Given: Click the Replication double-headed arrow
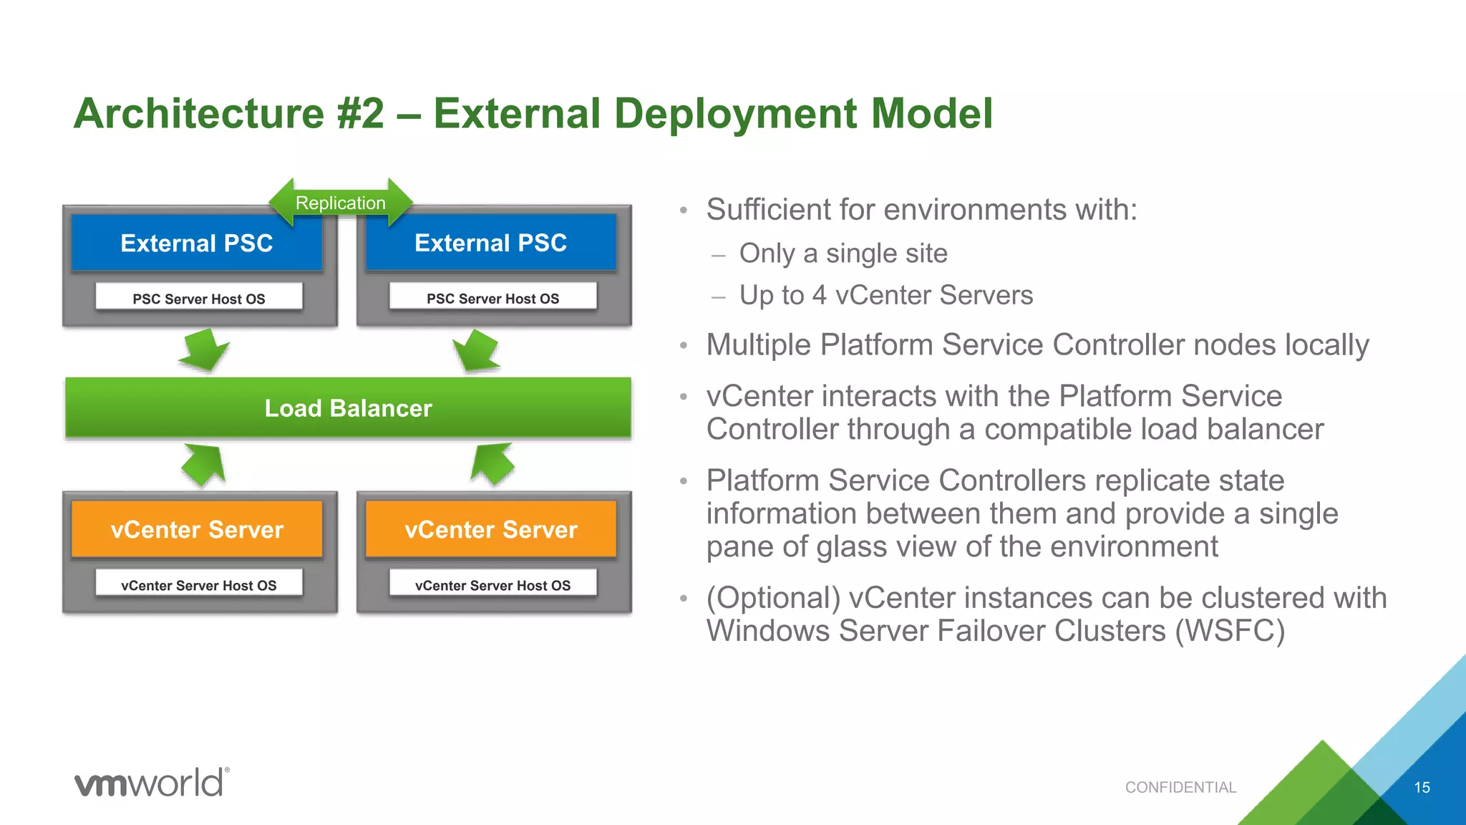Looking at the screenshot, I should click(341, 203).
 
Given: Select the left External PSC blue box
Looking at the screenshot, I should click(197, 243).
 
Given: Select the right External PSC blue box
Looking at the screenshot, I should click(491, 243).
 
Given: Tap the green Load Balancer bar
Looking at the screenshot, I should click(348, 408).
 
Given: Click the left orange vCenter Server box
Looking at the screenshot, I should click(197, 530).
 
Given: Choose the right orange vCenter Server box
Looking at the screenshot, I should click(491, 530).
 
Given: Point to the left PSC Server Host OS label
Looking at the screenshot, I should click(199, 299).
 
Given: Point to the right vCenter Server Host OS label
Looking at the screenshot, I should click(492, 585).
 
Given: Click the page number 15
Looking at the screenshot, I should click(1422, 788).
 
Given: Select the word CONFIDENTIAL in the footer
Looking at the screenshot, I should click(1180, 788).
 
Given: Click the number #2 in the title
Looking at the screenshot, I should click(361, 114).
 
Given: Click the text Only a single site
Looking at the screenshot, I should click(843, 254).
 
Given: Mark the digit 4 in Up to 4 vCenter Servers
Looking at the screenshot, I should click(820, 295).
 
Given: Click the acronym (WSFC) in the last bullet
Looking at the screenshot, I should click(1230, 631).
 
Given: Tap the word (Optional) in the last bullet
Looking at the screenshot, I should click(773, 598).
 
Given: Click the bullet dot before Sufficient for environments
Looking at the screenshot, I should click(684, 211).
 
